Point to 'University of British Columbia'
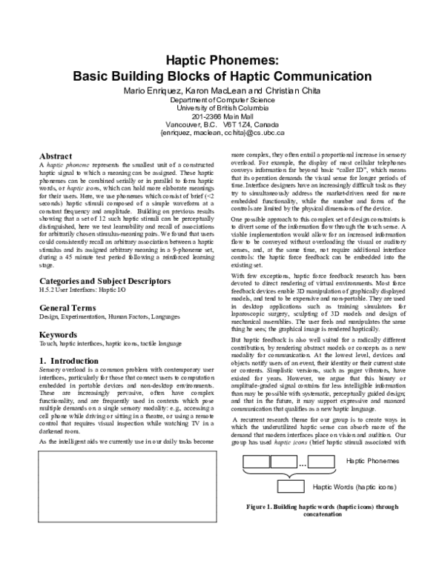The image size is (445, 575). [x=222, y=107]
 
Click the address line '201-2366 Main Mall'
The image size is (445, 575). [x=222, y=116]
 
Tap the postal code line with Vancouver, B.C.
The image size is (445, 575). [x=222, y=125]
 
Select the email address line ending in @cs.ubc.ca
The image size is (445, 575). [x=222, y=134]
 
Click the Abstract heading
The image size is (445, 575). [x=56, y=156]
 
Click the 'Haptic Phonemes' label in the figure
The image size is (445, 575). [x=373, y=462]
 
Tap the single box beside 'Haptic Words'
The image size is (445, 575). [x=291, y=487]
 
